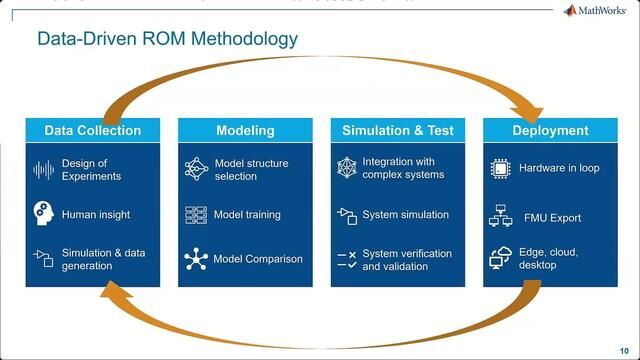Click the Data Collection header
click(92, 131)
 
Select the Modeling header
click(245, 131)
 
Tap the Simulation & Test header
click(397, 131)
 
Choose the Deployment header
click(550, 131)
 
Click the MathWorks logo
click(596, 11)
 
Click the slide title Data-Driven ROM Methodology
click(167, 40)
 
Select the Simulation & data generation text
click(103, 259)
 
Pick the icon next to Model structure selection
click(196, 169)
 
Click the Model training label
click(247, 214)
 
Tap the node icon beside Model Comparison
click(196, 259)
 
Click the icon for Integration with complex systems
click(347, 168)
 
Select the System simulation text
click(405, 214)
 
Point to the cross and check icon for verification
click(347, 260)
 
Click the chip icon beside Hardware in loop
click(500, 169)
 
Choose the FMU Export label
click(552, 217)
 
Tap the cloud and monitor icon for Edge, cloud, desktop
click(500, 258)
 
